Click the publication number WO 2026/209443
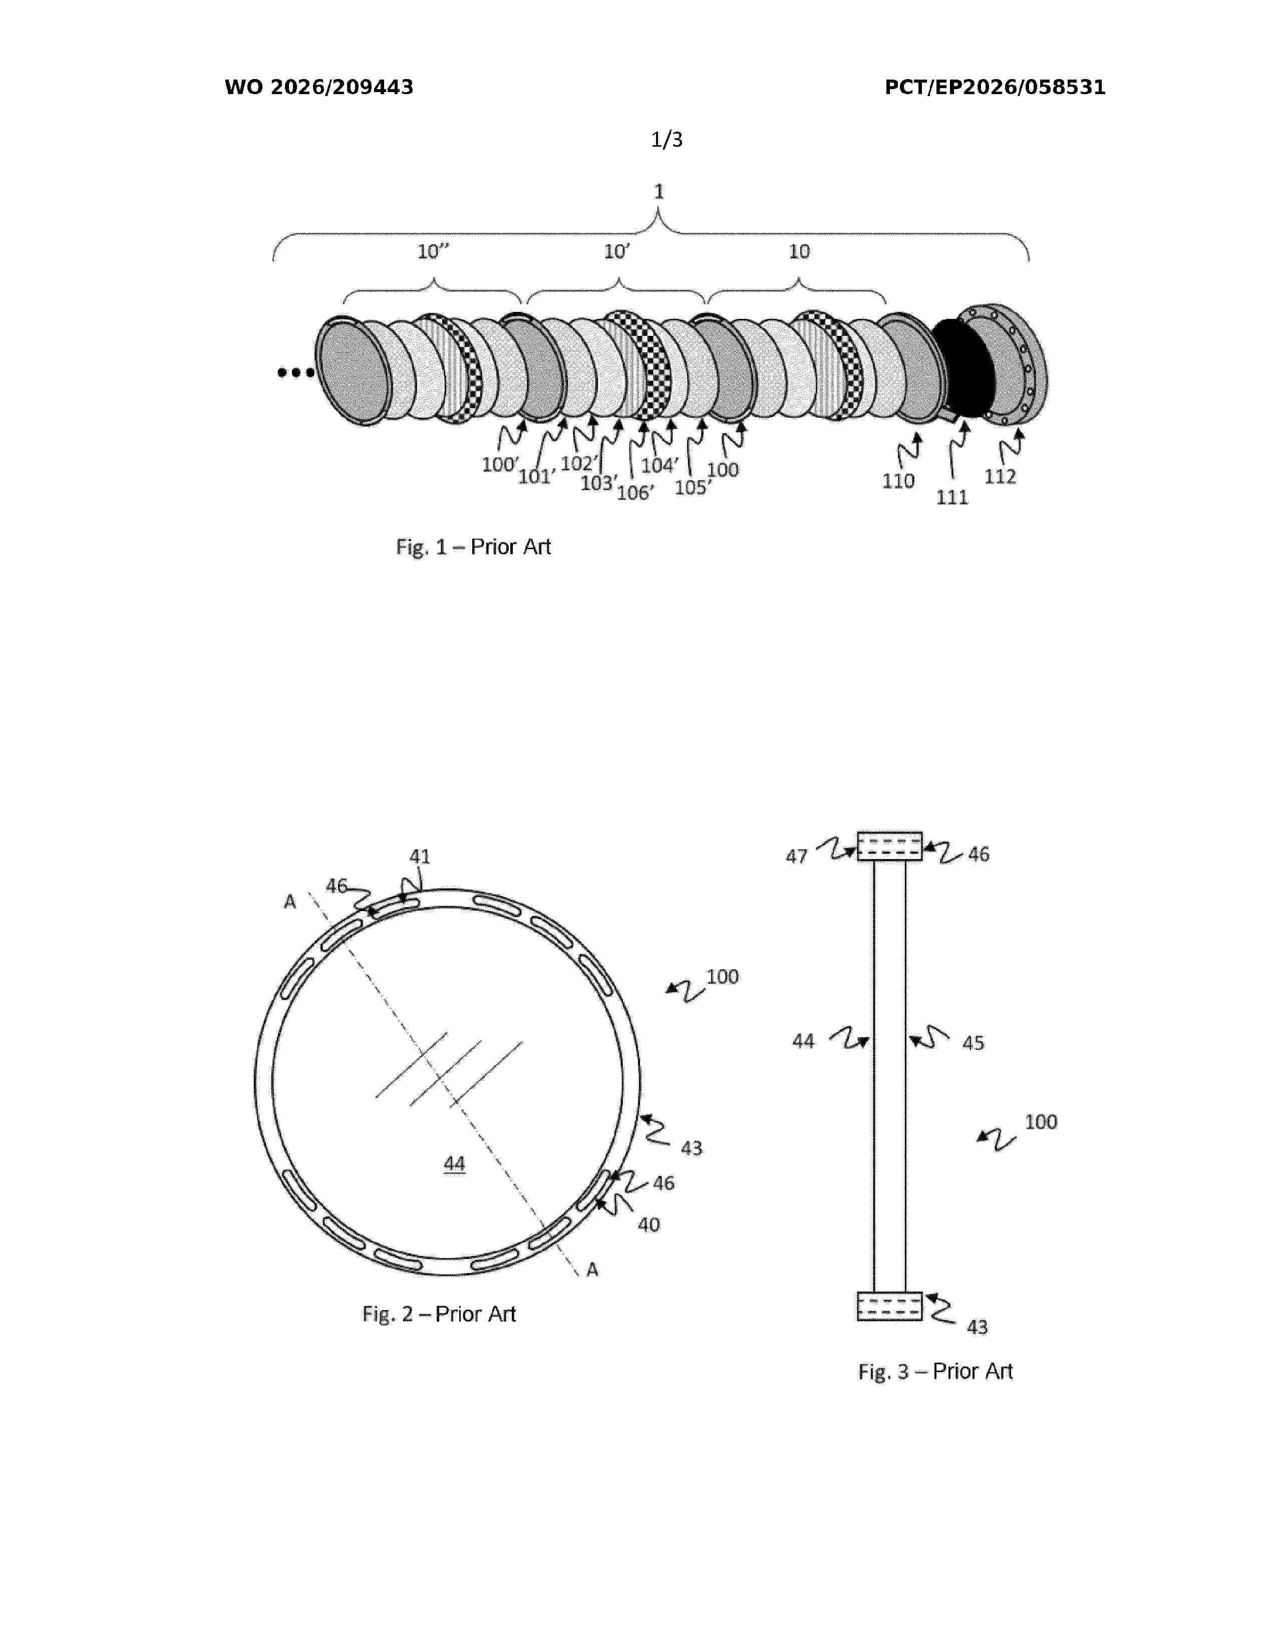pos(318,88)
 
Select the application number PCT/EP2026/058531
pos(995,88)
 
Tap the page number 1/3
pos(667,139)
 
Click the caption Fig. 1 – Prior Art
pos(474,547)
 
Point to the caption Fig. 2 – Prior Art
pos(439,1314)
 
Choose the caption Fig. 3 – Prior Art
pos(935,1371)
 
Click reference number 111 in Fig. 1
pos(951,497)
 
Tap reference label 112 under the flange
pos(1000,477)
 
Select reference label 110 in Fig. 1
pos(898,481)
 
